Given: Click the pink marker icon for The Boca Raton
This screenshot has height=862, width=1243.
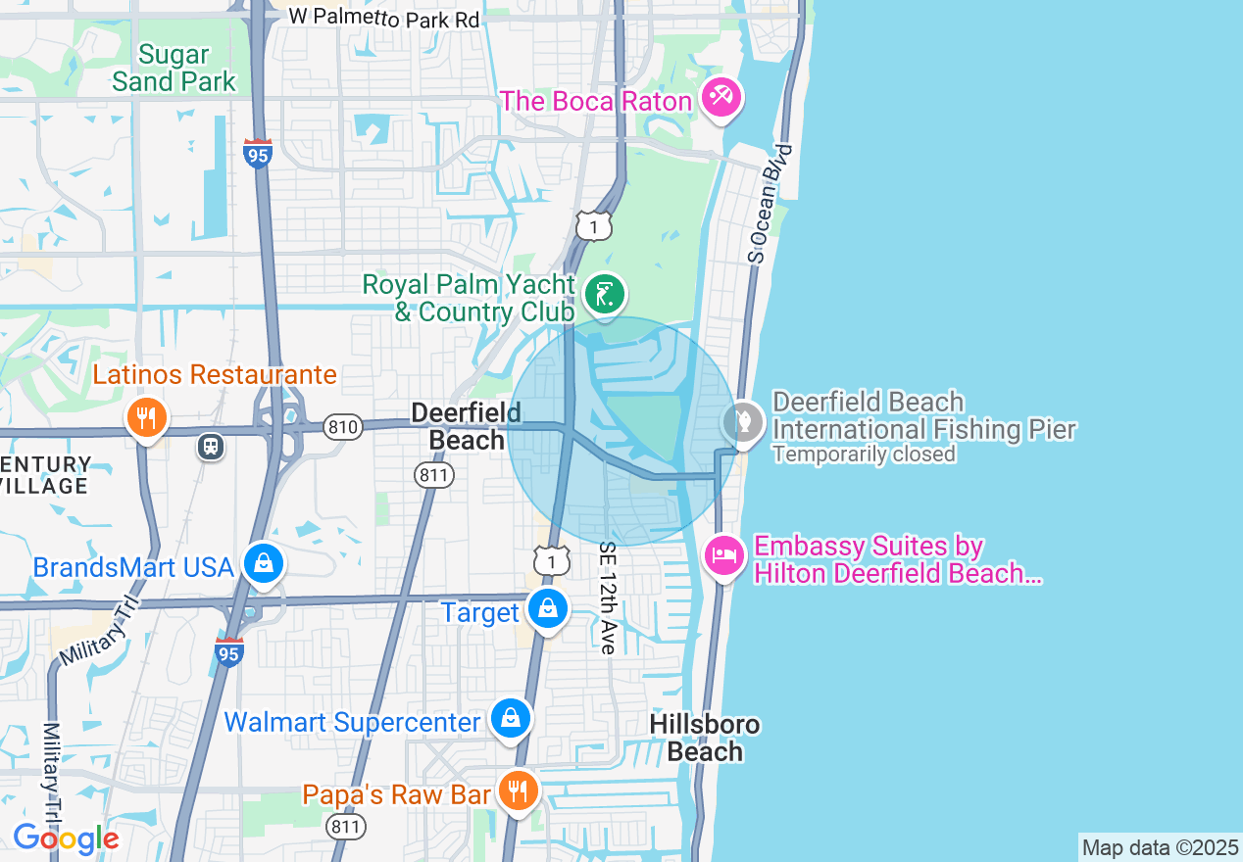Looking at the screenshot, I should (721, 98).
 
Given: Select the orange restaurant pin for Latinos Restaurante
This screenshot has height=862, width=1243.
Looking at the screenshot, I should (146, 418).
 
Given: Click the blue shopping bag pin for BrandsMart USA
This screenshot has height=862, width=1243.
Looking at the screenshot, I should (264, 564).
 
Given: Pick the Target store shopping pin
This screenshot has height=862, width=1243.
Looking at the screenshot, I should (547, 609).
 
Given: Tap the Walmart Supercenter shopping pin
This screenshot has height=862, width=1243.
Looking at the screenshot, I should (510, 719).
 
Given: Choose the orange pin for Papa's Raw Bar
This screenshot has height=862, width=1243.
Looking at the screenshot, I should (517, 790).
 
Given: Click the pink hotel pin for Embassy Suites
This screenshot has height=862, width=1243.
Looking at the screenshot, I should (724, 556).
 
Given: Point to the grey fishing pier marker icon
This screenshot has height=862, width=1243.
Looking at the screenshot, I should (742, 424).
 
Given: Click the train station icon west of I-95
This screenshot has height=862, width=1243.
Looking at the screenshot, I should (211, 447).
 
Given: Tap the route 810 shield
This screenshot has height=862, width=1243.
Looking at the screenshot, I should (344, 427).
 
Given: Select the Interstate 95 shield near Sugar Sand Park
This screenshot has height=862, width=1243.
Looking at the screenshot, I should (258, 154).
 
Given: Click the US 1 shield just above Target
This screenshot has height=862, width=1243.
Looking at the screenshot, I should (552, 560).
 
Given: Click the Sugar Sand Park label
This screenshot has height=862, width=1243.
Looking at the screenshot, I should (174, 68).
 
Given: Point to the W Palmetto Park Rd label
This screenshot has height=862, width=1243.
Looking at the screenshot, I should (384, 19).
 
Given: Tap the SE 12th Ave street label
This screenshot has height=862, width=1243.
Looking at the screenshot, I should (607, 598).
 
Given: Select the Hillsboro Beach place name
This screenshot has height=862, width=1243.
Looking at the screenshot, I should (705, 738).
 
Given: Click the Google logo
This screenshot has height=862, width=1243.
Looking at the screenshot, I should (66, 839).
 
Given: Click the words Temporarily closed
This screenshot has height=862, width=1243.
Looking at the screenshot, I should (863, 455).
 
